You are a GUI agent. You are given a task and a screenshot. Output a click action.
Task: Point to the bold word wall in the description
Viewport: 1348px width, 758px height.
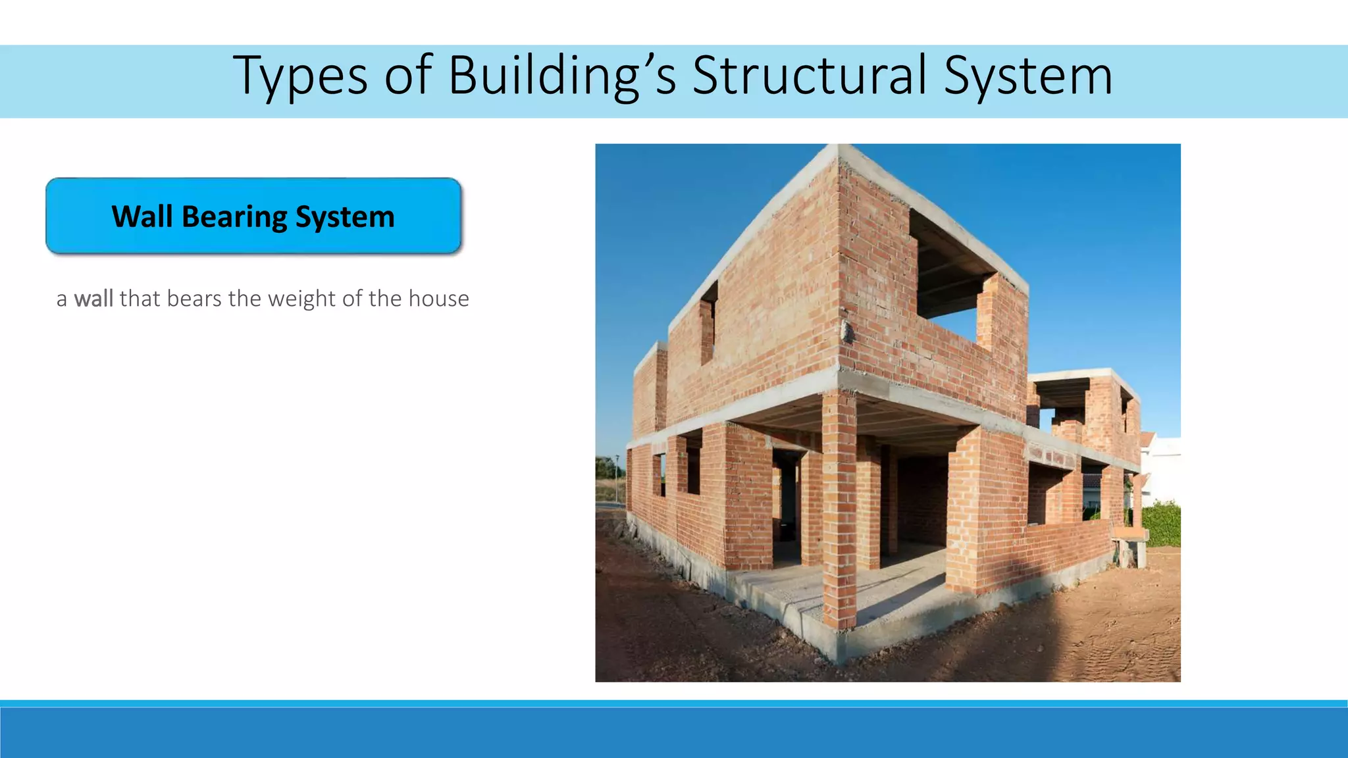(93, 299)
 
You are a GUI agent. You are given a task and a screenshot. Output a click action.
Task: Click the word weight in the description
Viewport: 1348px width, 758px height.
(301, 299)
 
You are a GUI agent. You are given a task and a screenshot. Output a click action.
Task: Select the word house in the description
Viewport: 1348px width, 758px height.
(438, 299)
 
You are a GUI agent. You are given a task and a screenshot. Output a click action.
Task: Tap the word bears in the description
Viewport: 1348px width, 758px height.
(194, 299)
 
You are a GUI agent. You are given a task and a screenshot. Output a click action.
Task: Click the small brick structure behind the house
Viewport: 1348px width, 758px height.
(1086, 408)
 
